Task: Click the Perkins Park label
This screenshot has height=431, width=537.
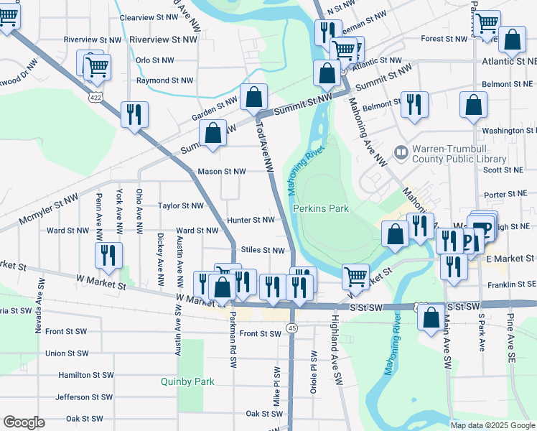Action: (x=320, y=208)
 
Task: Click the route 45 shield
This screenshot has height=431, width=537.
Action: (x=291, y=328)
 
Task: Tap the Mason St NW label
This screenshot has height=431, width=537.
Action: (x=221, y=172)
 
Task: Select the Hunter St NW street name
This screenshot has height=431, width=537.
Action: (x=251, y=220)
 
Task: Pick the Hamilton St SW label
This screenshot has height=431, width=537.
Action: (x=85, y=375)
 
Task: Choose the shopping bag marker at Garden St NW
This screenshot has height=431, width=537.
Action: (x=253, y=97)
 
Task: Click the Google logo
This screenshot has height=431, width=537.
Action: (x=24, y=422)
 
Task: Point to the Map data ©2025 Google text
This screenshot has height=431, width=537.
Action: (x=492, y=425)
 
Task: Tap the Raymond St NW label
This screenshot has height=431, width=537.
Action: (x=164, y=81)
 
